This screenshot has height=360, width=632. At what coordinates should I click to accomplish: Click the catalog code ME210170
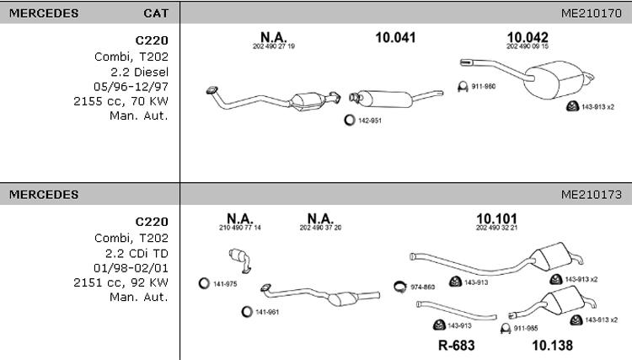click(592, 13)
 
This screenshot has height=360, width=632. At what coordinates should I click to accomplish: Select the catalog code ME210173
click(592, 195)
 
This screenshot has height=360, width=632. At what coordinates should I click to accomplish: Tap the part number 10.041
click(395, 37)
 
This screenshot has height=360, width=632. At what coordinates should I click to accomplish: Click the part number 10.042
click(528, 37)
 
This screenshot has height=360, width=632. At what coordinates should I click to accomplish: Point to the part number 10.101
click(496, 218)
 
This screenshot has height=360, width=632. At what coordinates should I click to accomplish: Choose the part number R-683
click(456, 345)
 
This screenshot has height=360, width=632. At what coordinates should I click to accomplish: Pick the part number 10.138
click(552, 345)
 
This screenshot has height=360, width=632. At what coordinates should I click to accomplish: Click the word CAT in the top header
click(156, 13)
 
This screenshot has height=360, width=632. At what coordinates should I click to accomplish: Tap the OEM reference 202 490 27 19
click(274, 46)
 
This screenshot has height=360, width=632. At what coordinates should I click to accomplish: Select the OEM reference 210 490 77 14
click(240, 228)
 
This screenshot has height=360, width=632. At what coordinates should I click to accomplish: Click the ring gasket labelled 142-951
click(350, 120)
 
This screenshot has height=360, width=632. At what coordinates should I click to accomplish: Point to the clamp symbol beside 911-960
click(463, 87)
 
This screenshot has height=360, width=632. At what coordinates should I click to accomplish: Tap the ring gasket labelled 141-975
click(204, 283)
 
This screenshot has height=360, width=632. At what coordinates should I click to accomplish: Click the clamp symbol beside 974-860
click(399, 287)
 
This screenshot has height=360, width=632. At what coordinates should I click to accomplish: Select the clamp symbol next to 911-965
click(506, 329)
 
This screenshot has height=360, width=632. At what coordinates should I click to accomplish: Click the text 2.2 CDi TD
click(137, 254)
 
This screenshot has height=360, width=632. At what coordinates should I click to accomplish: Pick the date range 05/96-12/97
click(131, 87)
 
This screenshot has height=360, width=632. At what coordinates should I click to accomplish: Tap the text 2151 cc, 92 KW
click(121, 283)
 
